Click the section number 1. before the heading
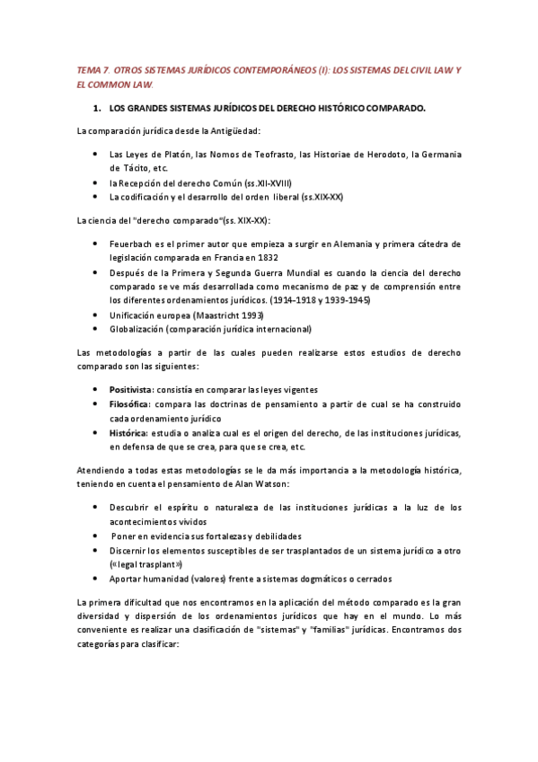[98, 108]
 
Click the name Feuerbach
[135, 244]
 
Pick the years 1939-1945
[343, 299]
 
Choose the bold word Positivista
[130, 390]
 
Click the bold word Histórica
[128, 433]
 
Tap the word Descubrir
[137, 508]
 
